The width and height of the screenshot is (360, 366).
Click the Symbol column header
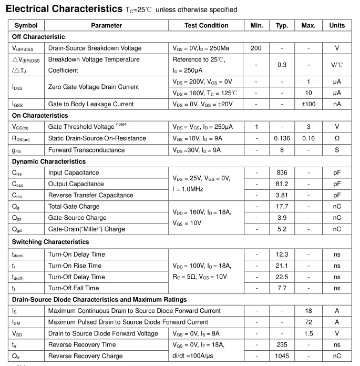point(26,25)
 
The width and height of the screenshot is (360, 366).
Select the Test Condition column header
point(206,25)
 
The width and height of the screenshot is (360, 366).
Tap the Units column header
point(337,25)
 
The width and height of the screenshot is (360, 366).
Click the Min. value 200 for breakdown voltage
point(256,48)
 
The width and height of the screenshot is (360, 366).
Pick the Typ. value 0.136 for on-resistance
point(282,138)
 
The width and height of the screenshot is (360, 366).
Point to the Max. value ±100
point(308,104)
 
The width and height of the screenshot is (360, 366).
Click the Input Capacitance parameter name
point(73,172)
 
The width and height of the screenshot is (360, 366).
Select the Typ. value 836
point(282,172)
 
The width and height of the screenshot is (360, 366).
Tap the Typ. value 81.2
point(282,184)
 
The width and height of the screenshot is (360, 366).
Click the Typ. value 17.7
point(282,207)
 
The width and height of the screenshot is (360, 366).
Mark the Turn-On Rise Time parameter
point(75,266)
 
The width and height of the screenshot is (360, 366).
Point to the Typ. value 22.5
point(282,277)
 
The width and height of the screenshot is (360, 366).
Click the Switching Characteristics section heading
point(50,242)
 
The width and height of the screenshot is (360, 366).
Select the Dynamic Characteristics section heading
point(48,161)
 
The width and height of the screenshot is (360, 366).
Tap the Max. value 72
point(308,322)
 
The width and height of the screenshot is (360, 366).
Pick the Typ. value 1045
point(282,356)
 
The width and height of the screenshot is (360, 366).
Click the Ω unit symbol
point(337,138)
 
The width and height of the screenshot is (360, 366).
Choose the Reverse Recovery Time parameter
point(81,344)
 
